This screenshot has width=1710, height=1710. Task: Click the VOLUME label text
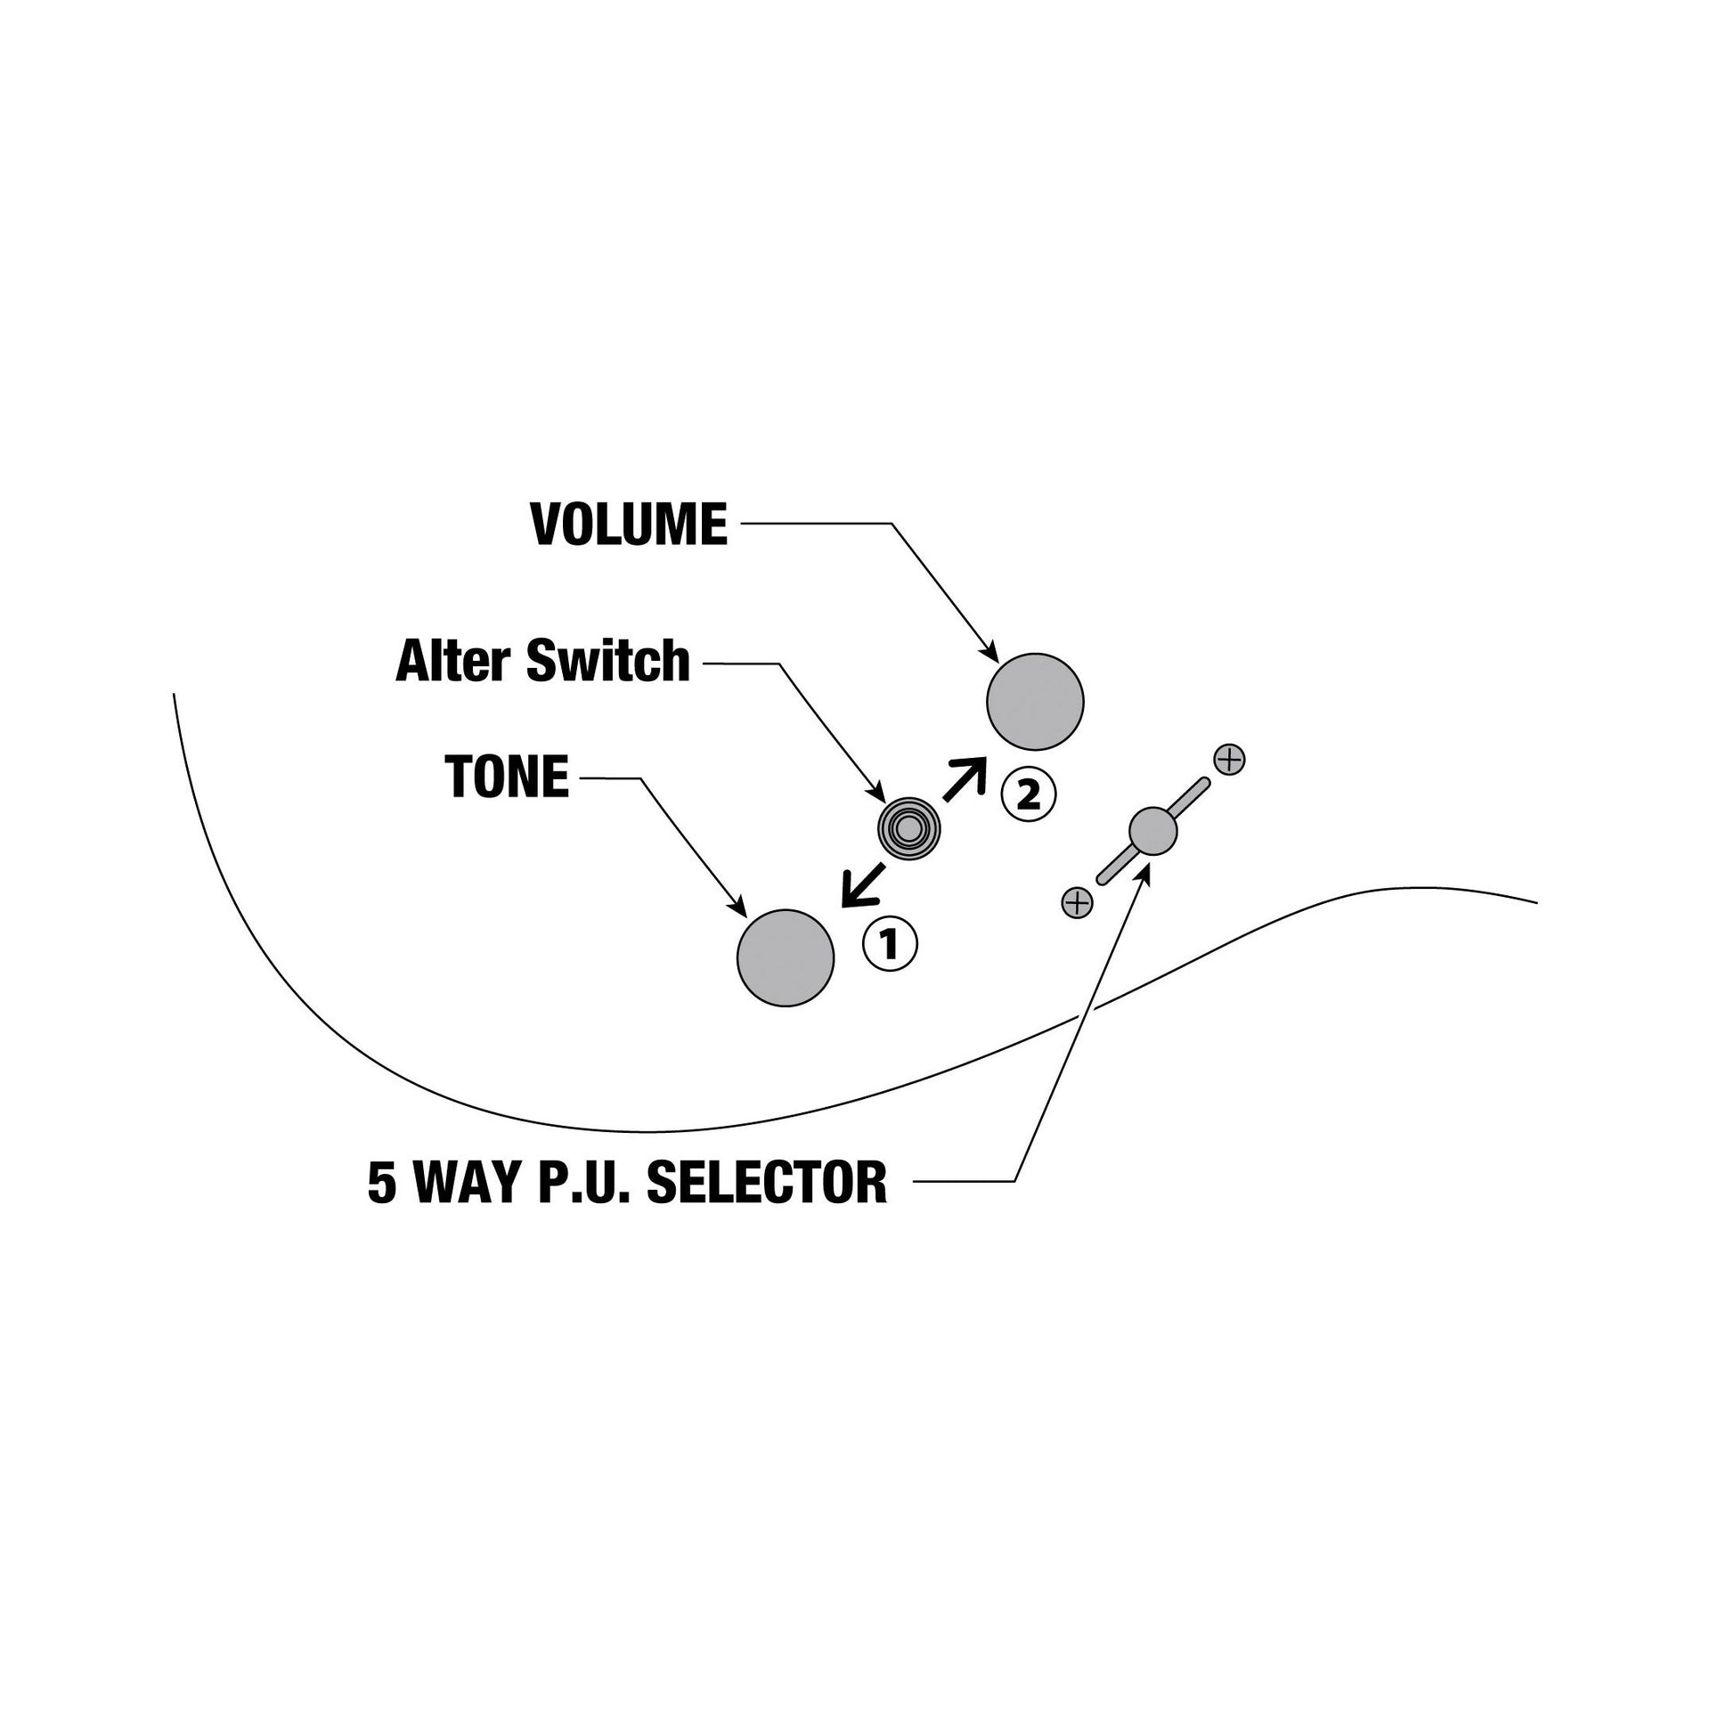[x=629, y=525]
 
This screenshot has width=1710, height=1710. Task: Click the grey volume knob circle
[x=1035, y=702]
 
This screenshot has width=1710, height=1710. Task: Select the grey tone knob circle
[x=786, y=958]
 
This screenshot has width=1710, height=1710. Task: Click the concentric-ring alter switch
[x=908, y=828]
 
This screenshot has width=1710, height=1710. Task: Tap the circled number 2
[x=1028, y=794]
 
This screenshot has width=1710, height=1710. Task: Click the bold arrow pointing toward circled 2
[x=965, y=779]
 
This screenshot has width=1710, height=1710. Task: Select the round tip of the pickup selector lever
[x=1152, y=831]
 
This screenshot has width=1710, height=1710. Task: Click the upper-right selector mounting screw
[x=1229, y=760]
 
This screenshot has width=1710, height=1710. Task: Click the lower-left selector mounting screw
[x=1077, y=902]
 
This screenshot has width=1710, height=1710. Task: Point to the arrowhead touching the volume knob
[x=988, y=653]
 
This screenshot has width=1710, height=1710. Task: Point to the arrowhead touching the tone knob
[x=738, y=906]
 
